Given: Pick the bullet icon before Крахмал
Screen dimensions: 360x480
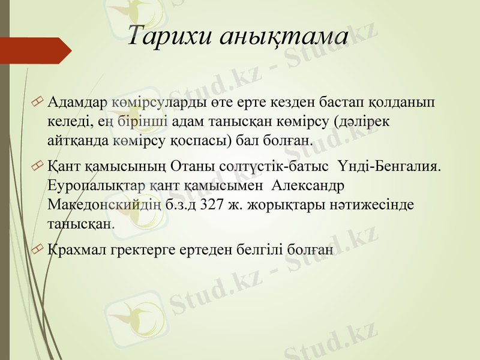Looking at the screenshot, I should (x=39, y=248).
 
